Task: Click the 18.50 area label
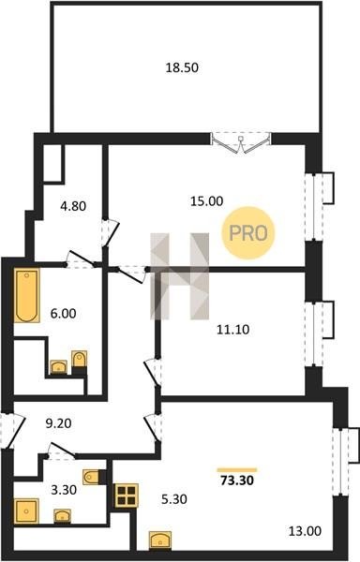pos(182,67)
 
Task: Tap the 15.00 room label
pos(206,201)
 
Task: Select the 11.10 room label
pos(233,330)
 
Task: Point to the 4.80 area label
pos(73,206)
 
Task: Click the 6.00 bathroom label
pos(63,314)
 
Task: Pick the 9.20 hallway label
pos(58,423)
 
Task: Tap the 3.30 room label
pos(64,490)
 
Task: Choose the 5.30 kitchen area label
pos(173,499)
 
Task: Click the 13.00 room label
pos(305,531)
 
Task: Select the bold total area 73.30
pos(237,481)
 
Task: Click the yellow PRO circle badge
pos(248,233)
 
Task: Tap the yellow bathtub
pos(27,296)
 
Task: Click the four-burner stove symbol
pos(127,495)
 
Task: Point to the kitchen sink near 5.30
pos(160,540)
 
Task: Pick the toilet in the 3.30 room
pos(94,477)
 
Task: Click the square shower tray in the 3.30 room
pos(26,510)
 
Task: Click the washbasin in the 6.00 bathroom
pos(58,367)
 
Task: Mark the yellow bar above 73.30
pos(237,470)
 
